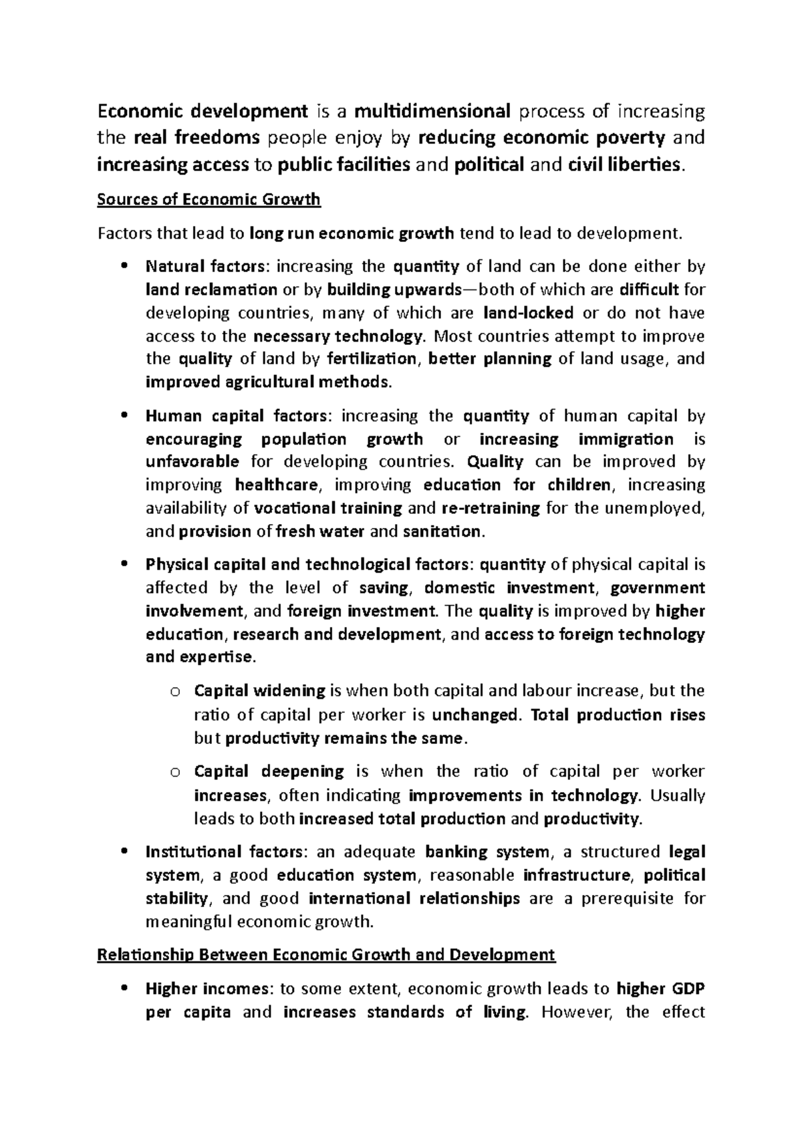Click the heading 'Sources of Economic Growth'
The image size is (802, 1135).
(x=209, y=199)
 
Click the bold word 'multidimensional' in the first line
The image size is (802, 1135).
(x=433, y=110)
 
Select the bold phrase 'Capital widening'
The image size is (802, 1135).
(x=259, y=690)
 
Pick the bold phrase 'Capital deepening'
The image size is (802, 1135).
(x=269, y=771)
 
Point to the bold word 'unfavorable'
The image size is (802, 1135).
(x=192, y=462)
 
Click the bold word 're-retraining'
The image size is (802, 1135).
(x=491, y=508)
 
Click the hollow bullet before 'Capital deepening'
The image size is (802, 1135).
(x=175, y=773)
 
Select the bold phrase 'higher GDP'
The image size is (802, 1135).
(x=660, y=989)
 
